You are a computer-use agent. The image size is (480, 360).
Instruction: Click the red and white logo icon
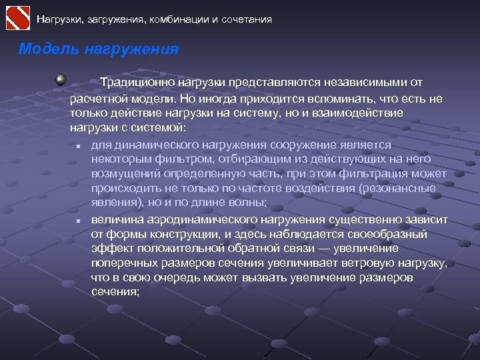tap(18, 18)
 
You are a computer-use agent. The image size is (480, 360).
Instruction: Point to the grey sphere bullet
tap(61, 80)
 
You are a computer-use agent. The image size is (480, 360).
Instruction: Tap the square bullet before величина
tap(78, 220)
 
